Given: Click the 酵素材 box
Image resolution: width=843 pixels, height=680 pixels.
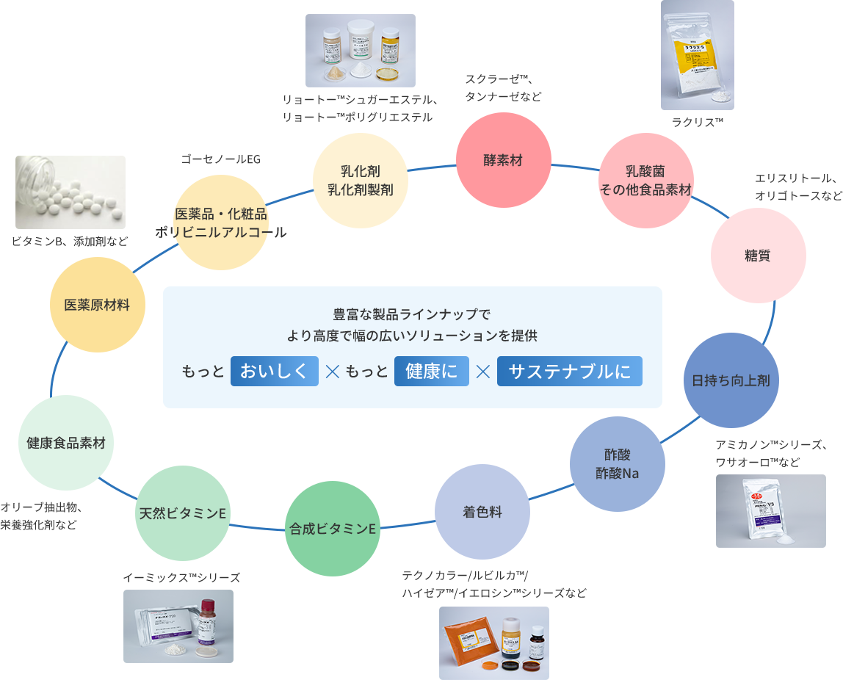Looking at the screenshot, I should click(x=503, y=160).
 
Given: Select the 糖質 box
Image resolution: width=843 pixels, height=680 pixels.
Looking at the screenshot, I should click(x=757, y=256).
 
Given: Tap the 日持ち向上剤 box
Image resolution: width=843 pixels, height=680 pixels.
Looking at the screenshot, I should click(x=731, y=380).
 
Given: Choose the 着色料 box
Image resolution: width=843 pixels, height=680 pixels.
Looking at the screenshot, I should click(x=482, y=512).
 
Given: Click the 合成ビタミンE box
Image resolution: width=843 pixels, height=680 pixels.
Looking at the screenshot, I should click(x=332, y=529).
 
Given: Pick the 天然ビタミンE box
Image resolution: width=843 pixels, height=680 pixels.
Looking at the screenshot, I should click(x=183, y=513).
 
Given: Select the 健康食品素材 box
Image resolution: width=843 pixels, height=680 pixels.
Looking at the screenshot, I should click(x=66, y=443).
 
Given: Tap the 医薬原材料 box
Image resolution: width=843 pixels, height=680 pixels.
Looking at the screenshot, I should click(x=97, y=305).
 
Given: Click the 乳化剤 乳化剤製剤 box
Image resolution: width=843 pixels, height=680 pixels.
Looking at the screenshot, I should click(x=360, y=181).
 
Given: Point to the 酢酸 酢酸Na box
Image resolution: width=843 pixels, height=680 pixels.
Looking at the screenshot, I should click(x=617, y=464).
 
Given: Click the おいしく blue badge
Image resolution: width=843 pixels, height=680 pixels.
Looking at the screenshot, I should click(x=274, y=372).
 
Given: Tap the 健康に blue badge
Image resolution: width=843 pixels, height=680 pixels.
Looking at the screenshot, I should click(x=431, y=372).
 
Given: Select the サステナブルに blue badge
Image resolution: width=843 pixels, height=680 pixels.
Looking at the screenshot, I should click(x=569, y=372).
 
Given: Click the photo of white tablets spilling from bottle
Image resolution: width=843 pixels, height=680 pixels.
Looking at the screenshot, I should click(x=70, y=192).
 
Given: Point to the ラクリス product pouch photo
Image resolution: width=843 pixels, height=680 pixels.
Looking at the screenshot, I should click(x=696, y=55).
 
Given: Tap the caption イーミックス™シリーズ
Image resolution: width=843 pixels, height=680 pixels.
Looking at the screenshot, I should click(x=181, y=578).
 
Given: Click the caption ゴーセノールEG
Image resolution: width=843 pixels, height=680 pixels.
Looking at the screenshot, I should click(x=220, y=159).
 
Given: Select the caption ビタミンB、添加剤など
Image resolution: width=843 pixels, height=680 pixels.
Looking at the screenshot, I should click(x=70, y=242).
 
